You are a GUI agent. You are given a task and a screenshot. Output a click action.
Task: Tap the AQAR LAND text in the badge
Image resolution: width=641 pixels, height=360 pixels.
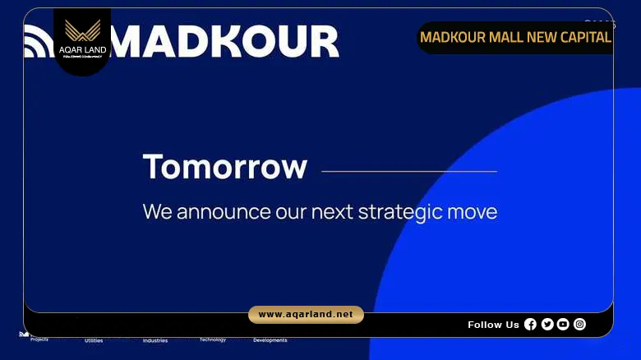(81, 50)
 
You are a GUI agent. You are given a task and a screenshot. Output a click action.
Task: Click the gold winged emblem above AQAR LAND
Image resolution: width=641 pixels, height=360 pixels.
(81, 31)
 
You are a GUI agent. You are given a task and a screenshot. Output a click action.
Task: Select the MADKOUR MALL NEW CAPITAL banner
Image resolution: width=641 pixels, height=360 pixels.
(515, 37)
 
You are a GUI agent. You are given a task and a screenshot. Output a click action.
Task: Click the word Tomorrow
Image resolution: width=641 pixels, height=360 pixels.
(224, 167)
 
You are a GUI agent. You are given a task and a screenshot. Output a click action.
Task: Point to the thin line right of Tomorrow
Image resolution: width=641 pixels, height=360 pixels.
(408, 172)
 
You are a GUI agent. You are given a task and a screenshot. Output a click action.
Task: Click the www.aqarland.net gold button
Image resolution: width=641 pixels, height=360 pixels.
(306, 315)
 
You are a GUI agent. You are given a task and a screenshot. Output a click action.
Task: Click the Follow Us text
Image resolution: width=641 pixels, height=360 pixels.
(493, 325)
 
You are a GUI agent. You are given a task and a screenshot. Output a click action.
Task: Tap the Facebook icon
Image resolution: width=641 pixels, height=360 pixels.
(530, 324)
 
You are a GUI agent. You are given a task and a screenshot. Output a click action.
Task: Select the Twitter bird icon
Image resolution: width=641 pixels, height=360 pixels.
(547, 324)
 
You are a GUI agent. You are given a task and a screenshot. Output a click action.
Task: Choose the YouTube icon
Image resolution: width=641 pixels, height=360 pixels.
(563, 324)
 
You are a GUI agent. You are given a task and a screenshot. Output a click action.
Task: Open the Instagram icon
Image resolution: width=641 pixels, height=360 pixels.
(579, 324)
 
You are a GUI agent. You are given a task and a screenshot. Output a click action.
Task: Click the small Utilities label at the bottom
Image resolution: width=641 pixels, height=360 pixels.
(94, 340)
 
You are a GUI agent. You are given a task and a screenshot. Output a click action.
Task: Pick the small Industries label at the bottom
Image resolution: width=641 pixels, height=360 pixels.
(154, 340)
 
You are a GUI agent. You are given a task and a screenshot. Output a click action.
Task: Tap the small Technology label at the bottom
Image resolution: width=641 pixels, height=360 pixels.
(212, 339)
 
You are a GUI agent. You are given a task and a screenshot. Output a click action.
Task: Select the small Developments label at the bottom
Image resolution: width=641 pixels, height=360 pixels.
(270, 340)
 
